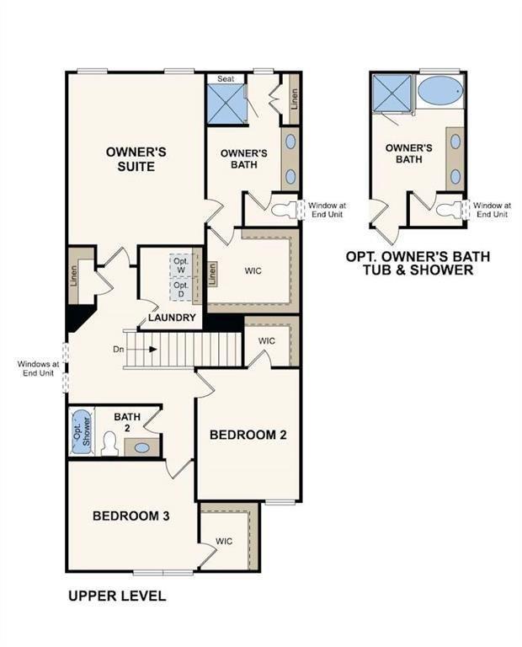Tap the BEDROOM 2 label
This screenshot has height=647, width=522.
tap(248, 435)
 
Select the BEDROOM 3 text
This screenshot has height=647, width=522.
tap(131, 516)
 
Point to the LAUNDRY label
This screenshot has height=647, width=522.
tap(173, 318)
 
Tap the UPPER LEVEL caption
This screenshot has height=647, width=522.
tap(116, 596)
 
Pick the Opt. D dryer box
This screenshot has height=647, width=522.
tap(181, 288)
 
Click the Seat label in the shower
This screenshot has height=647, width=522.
tap(226, 78)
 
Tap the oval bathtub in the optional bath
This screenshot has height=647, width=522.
tap(439, 90)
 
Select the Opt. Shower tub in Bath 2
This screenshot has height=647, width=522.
tap(81, 431)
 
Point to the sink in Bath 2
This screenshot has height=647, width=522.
tap(142, 447)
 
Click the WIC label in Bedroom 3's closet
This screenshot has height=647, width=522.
tap(224, 541)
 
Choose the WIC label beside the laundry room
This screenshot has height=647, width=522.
tap(254, 272)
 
